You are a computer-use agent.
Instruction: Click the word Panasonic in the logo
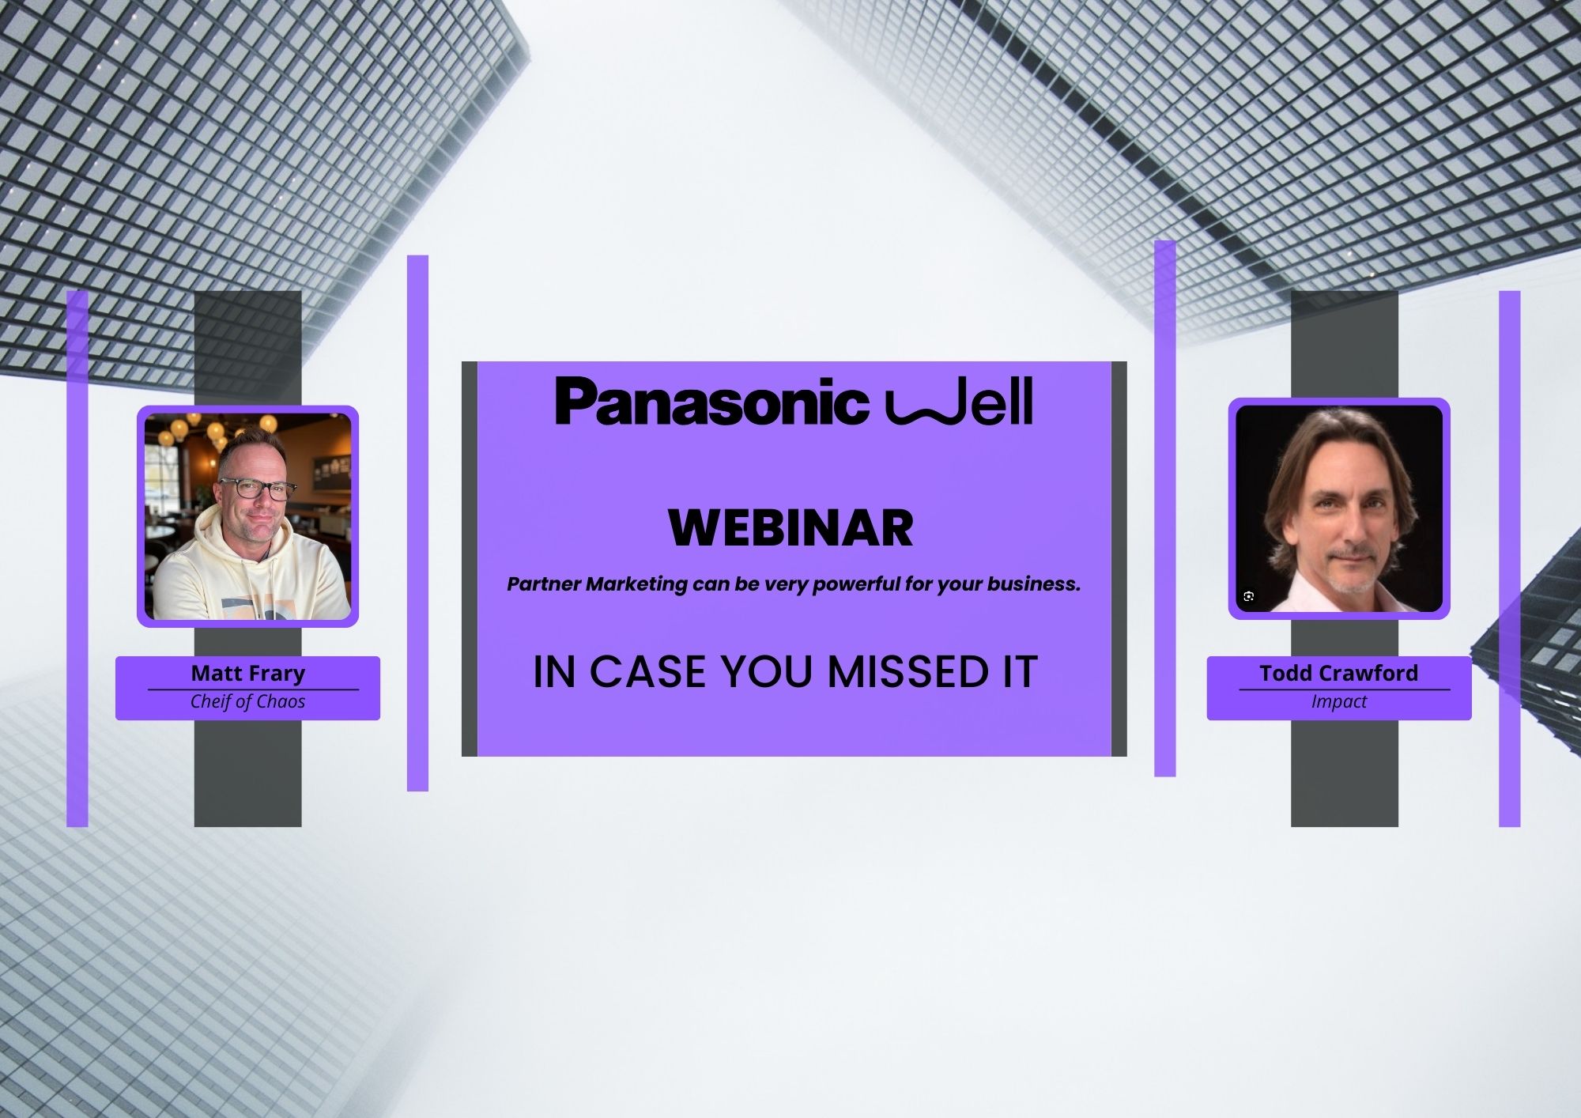711,402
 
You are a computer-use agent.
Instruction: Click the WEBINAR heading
791,528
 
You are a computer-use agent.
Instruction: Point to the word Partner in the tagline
543,584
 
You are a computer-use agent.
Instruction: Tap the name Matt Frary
248,674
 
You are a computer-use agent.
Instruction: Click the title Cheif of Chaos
248,701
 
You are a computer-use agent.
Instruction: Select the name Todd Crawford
1339,674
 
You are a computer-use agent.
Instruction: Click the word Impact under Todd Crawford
1339,702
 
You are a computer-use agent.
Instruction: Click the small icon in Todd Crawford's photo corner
1249,596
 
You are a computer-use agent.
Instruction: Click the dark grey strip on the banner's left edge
470,559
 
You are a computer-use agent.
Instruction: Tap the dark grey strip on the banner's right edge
1119,559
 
